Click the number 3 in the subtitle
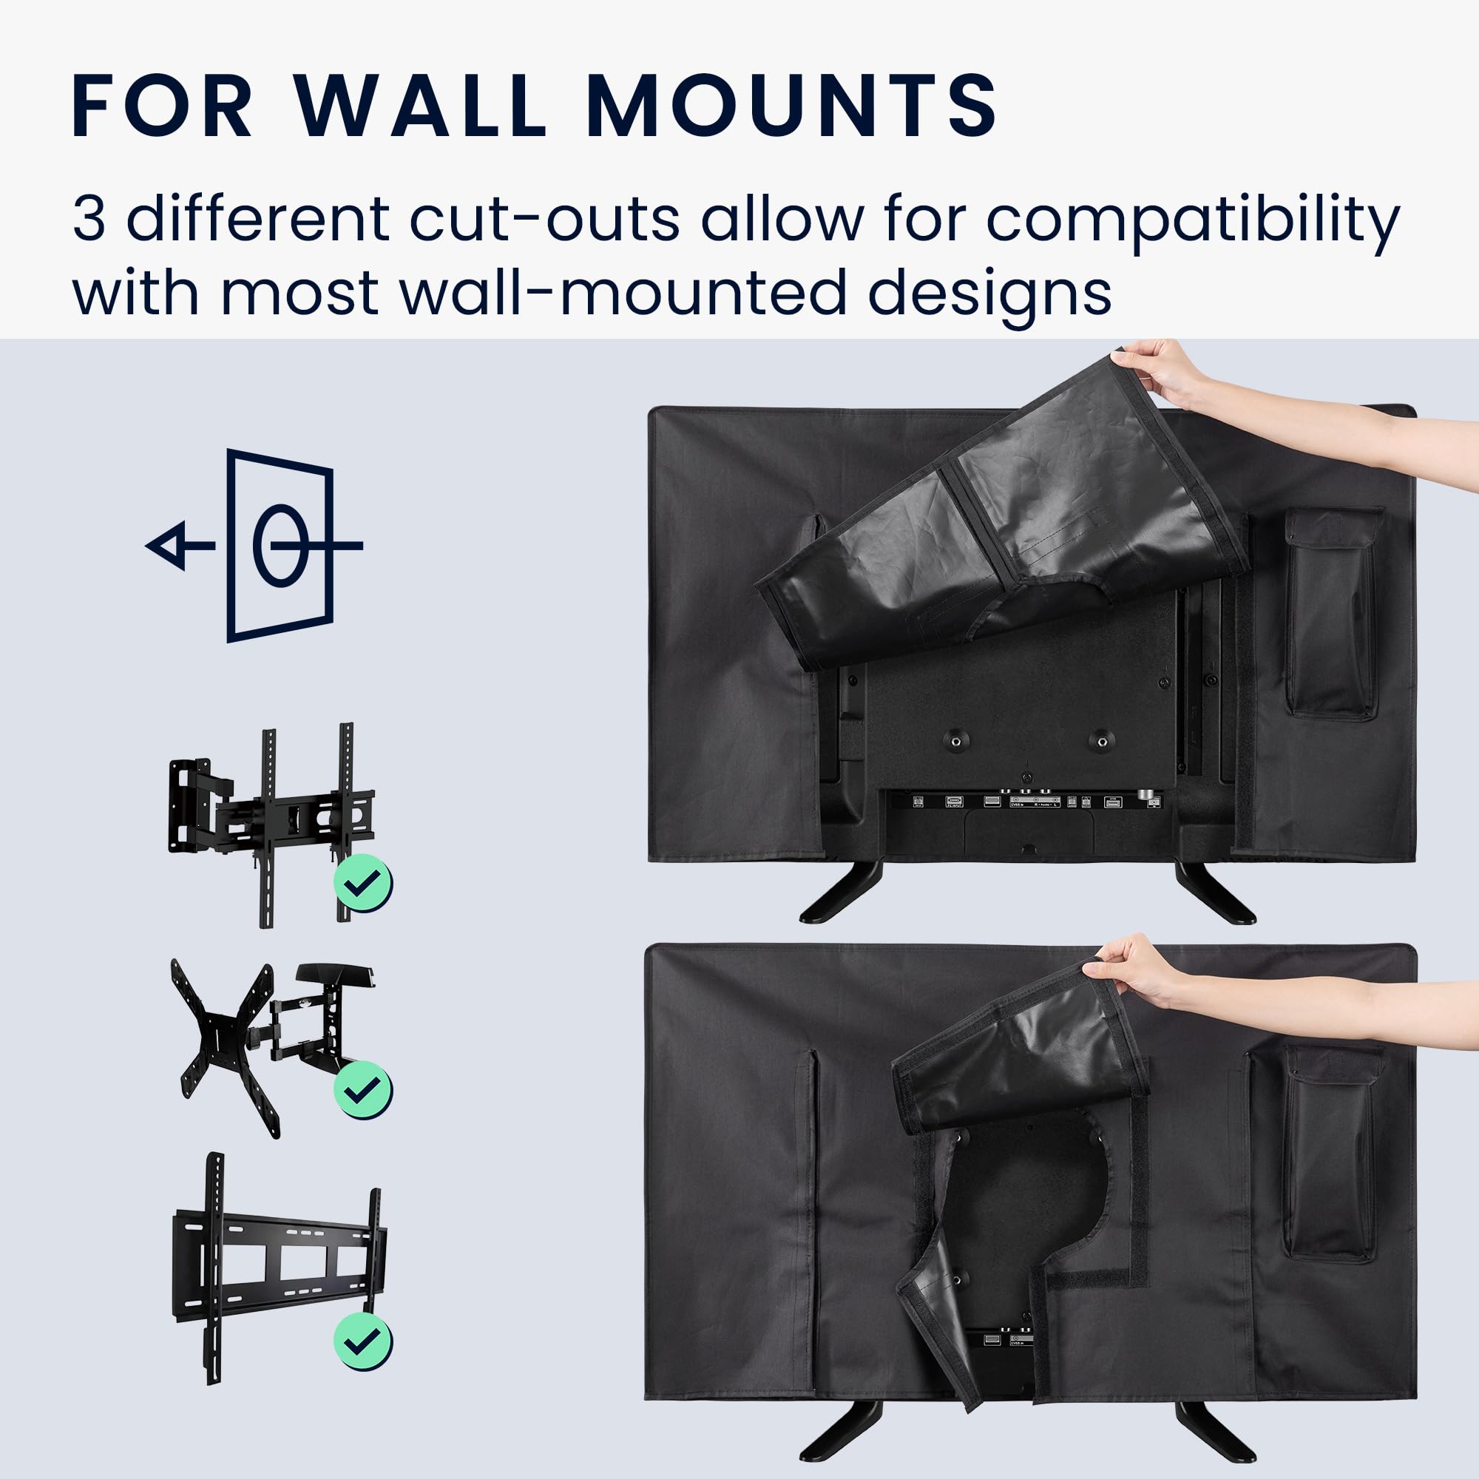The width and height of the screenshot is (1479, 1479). tap(89, 220)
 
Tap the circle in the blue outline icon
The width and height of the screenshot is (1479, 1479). tap(280, 546)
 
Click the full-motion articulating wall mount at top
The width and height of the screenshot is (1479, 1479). tap(271, 825)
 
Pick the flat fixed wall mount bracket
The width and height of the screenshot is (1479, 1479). tap(280, 1268)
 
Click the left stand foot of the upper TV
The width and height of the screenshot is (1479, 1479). tap(841, 893)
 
